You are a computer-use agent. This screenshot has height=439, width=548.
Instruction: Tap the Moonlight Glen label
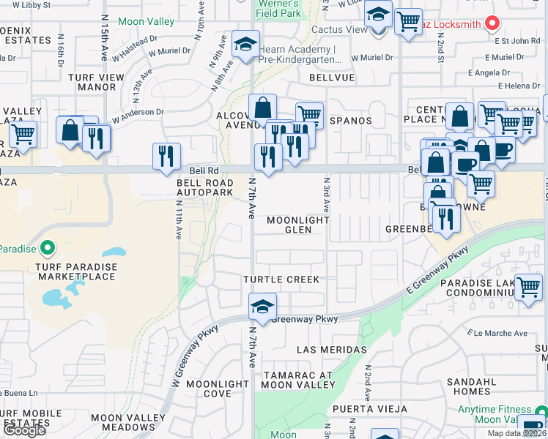(299, 225)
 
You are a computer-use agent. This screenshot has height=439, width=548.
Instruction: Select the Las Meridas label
(331, 350)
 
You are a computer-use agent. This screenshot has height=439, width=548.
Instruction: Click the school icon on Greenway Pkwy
(262, 307)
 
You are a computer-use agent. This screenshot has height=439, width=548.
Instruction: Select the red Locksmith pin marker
(492, 23)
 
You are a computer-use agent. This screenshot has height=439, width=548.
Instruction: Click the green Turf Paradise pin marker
(48, 249)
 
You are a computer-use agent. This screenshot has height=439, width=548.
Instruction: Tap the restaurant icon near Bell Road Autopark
(167, 156)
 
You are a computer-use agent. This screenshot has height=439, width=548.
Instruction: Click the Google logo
(23, 430)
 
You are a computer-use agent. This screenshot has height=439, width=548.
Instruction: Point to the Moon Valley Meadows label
(123, 422)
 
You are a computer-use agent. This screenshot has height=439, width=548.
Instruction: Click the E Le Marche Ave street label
(500, 333)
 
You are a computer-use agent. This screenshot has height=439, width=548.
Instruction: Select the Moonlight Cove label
(218, 389)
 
